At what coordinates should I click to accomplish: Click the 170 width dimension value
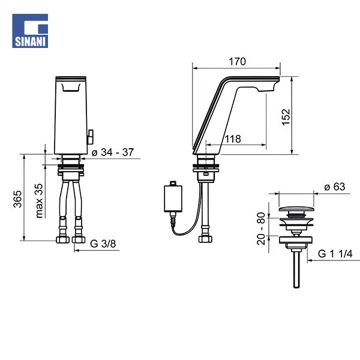coord(237,61)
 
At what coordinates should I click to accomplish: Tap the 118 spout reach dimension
coord(233,139)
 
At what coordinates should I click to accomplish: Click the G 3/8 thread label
coord(103,243)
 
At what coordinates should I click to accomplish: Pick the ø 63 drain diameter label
coord(334,187)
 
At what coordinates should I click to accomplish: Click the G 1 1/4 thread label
coord(335,254)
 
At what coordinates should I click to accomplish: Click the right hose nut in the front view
coord(78,239)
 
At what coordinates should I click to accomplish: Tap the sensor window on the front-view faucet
coord(71,88)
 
